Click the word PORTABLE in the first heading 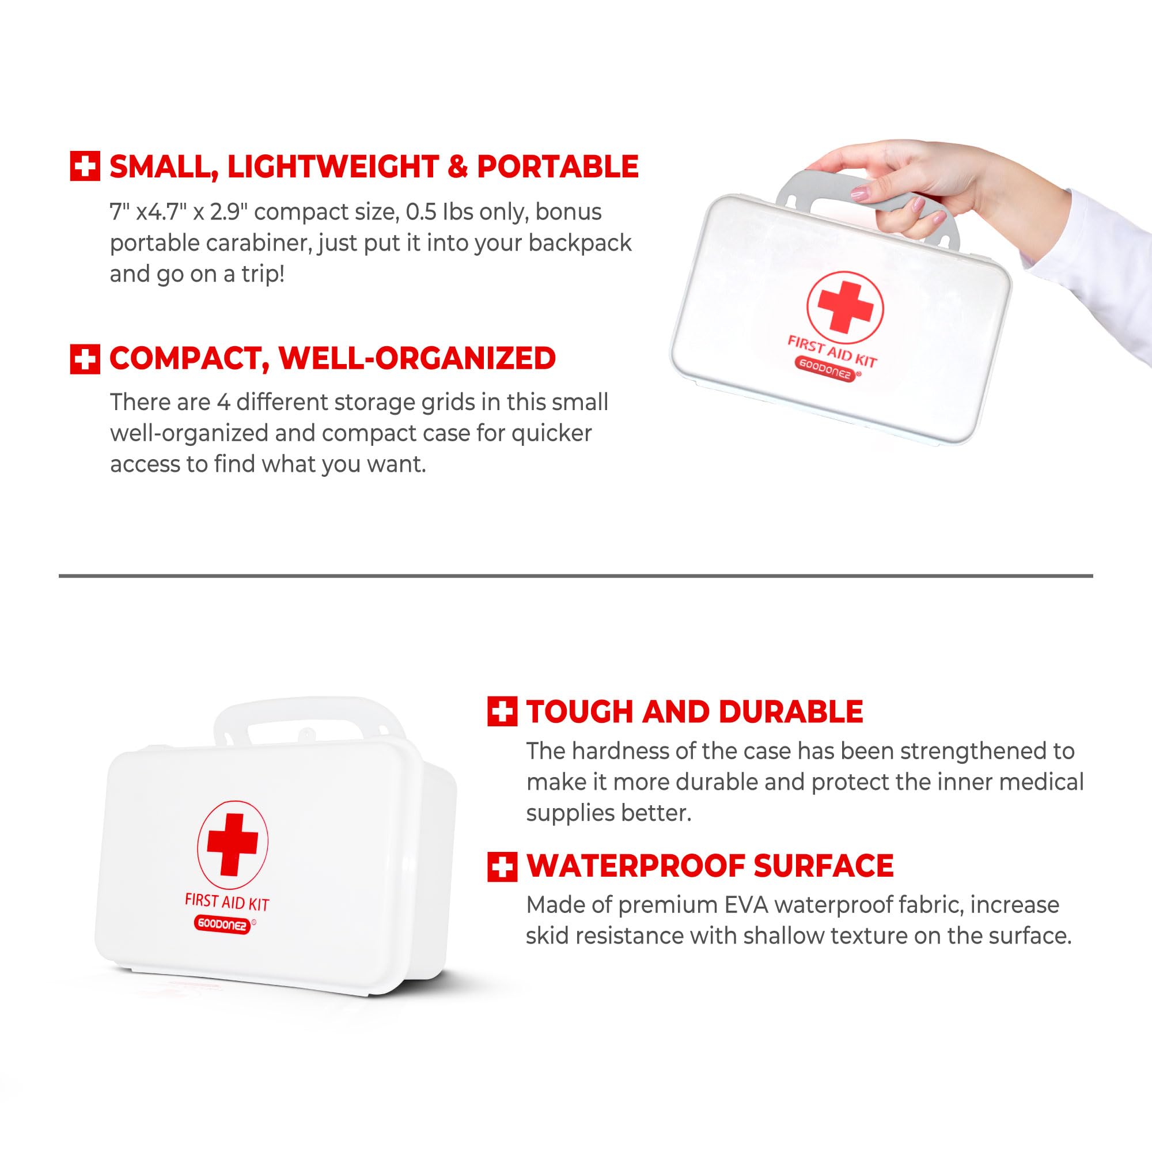click(x=558, y=166)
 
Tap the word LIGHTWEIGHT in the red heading click(x=333, y=167)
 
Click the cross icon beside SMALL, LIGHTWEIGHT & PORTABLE click(x=85, y=166)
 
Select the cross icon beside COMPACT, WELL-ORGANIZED click(x=85, y=359)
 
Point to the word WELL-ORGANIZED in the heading click(x=417, y=358)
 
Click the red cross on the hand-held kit click(x=845, y=306)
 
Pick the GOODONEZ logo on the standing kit click(x=221, y=925)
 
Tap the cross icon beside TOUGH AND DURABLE click(x=502, y=711)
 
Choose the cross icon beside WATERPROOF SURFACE click(x=502, y=866)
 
